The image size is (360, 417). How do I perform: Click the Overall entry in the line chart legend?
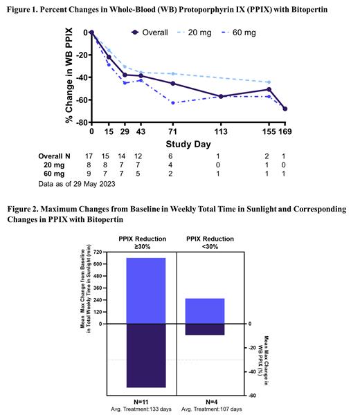152,32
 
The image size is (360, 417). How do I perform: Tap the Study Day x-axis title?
188,144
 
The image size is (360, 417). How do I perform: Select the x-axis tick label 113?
221,131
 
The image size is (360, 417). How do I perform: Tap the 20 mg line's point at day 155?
269,82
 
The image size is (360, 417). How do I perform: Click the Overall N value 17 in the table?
91,156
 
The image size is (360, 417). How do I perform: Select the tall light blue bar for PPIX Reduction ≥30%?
146,290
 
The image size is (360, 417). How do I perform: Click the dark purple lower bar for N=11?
146,355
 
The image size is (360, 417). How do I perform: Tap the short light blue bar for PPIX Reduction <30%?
206,311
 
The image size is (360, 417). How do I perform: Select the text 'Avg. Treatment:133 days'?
146,410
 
